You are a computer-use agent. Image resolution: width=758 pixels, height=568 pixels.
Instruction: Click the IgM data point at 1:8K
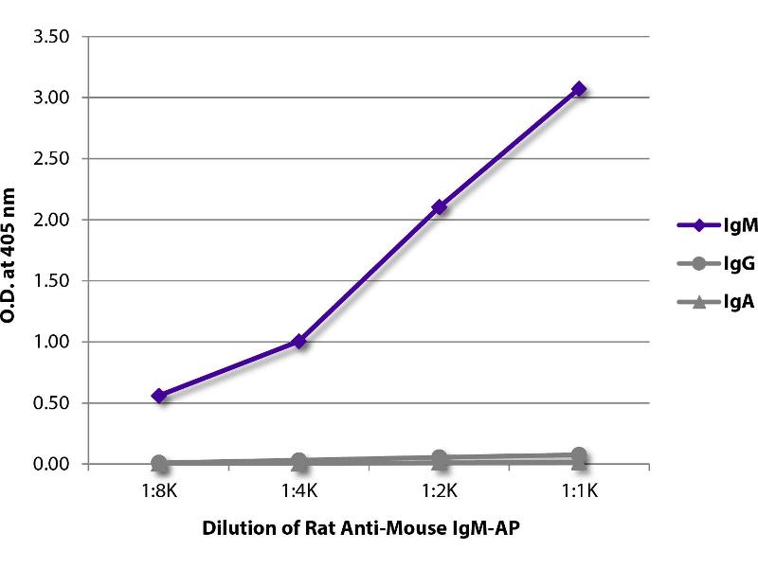coord(159,396)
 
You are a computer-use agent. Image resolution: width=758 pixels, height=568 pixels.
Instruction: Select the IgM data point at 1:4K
coord(299,341)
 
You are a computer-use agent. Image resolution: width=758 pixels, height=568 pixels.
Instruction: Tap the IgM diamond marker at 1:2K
coord(439,207)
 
